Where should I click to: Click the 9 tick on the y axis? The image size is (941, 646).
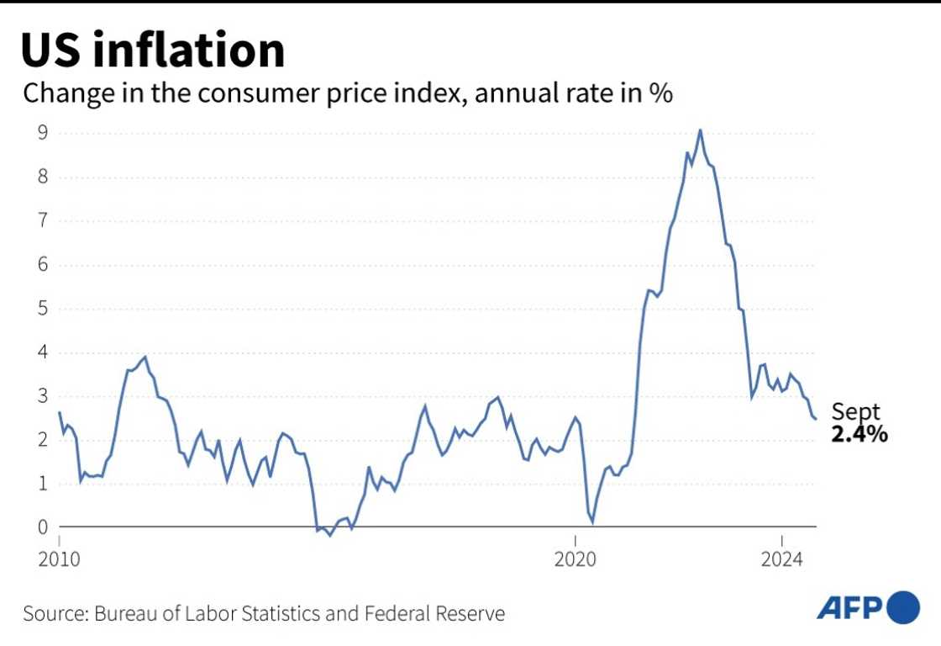(x=40, y=133)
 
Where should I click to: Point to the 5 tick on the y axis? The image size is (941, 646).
(x=40, y=309)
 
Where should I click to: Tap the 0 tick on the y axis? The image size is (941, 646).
(x=40, y=527)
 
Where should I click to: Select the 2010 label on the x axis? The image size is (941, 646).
(x=60, y=559)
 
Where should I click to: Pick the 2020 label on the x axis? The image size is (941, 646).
(x=576, y=559)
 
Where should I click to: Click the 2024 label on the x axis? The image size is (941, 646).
(x=782, y=559)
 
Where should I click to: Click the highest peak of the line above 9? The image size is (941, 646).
(x=700, y=130)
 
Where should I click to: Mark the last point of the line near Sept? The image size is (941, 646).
(x=816, y=419)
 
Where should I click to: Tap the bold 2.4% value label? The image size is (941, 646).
(x=860, y=435)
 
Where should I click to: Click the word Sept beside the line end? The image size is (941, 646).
(x=855, y=412)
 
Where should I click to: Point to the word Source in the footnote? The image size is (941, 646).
(x=52, y=613)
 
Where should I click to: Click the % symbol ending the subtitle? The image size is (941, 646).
(x=660, y=93)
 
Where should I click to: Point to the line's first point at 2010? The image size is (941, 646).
(x=60, y=413)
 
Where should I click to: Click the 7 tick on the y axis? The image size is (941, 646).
(x=40, y=221)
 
